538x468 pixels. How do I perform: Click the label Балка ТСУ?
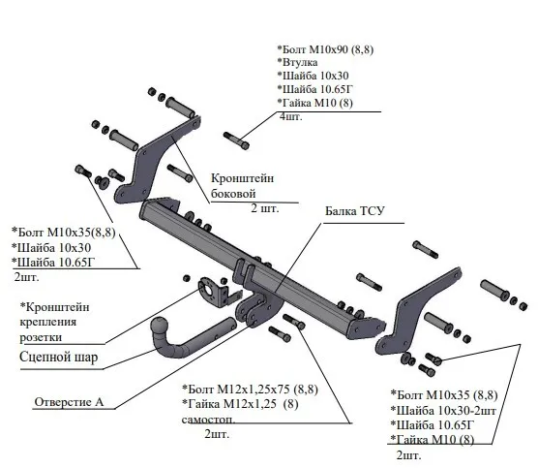pyautogui.click(x=355, y=210)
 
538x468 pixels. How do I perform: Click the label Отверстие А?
pyautogui.click(x=69, y=402)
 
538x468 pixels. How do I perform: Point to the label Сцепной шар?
pyautogui.click(x=59, y=357)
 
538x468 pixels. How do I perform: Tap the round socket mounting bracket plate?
pyautogui.click(x=207, y=290)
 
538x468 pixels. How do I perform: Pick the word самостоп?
pyautogui.click(x=209, y=420)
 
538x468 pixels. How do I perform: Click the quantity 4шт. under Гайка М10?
pyautogui.click(x=291, y=117)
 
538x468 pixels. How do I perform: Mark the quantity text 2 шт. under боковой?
pyautogui.click(x=265, y=208)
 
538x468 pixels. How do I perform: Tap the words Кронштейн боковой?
pyautogui.click(x=242, y=186)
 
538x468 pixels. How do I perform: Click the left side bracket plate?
pyautogui.click(x=156, y=161)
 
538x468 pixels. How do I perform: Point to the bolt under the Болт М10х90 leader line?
pyautogui.click(x=236, y=140)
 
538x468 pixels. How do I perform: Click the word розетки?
pyautogui.click(x=41, y=337)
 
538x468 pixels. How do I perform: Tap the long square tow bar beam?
pyautogui.click(x=260, y=268)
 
